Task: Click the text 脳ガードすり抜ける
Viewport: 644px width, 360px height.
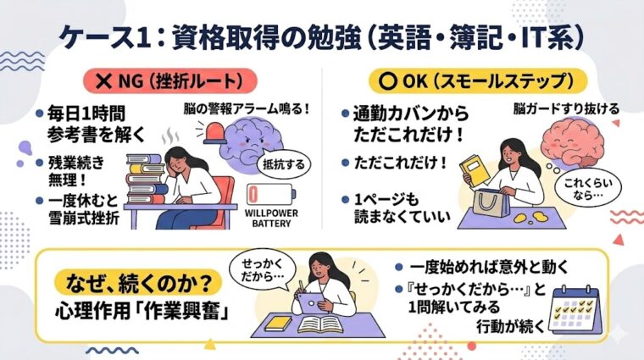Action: click(553, 108)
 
